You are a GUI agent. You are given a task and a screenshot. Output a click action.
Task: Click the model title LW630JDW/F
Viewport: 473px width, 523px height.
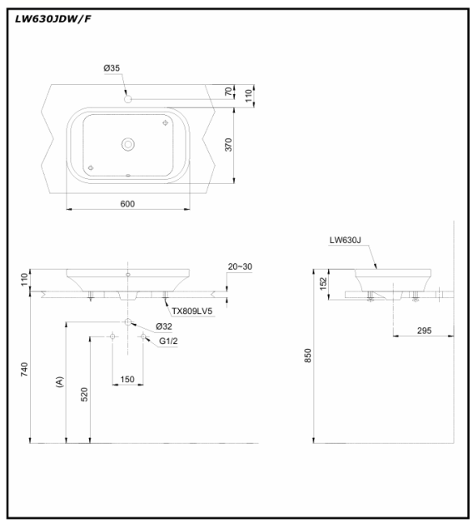tap(52, 19)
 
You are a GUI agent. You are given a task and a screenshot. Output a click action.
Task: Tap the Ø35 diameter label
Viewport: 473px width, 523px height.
tap(112, 68)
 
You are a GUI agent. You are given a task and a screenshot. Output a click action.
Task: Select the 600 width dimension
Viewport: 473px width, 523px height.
tap(127, 203)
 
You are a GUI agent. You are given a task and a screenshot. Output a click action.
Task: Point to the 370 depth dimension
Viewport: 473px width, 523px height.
tap(228, 145)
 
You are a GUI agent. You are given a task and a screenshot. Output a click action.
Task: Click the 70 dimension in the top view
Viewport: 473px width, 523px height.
tap(228, 92)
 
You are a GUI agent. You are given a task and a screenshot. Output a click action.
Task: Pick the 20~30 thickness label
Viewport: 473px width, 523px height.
tap(240, 266)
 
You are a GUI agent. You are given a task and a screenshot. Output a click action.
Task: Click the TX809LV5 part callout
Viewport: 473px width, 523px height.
tap(192, 311)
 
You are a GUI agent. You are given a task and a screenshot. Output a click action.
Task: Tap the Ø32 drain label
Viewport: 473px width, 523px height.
tap(164, 326)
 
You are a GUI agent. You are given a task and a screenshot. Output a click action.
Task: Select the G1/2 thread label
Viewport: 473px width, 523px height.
tap(168, 341)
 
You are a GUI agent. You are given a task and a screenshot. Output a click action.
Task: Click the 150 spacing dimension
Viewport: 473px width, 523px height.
tap(127, 379)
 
